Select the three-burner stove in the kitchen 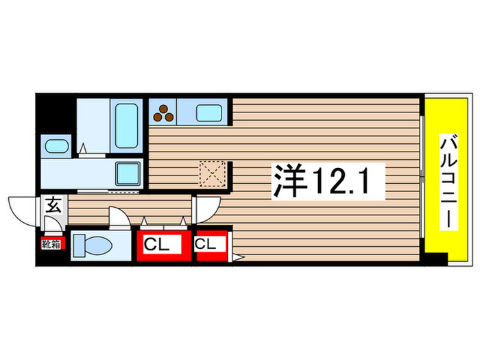pyautogui.click(x=165, y=112)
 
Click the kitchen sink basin pyautogui.click(x=210, y=112)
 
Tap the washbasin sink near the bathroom pyautogui.click(x=56, y=146)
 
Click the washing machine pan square pyautogui.click(x=128, y=172)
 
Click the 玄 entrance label pyautogui.click(x=53, y=204)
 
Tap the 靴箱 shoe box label pyautogui.click(x=51, y=243)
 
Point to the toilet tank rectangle pyautogui.click(x=78, y=244)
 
